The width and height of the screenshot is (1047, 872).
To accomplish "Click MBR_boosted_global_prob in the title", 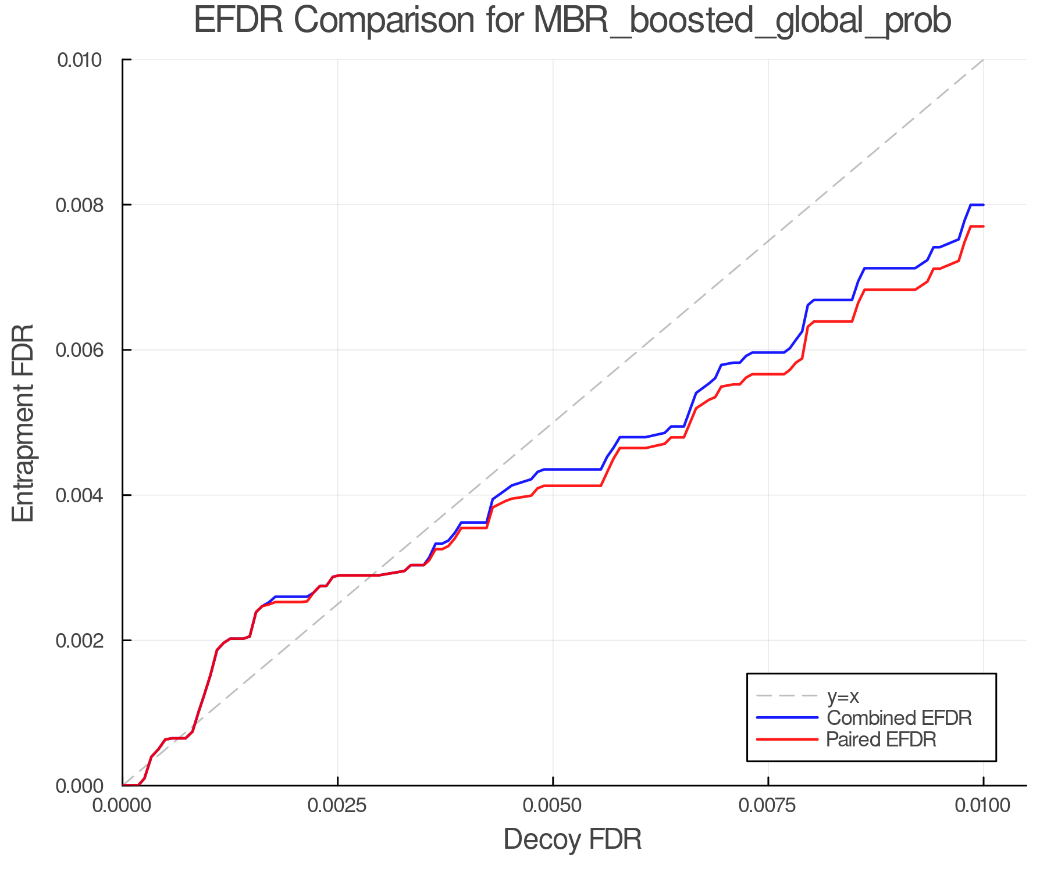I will pos(742,22).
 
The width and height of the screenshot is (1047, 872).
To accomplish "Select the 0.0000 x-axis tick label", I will pos(122,806).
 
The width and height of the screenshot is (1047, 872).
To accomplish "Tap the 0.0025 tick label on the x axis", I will pos(337,806).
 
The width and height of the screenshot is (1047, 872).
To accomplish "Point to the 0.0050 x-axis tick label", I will pos(553,806).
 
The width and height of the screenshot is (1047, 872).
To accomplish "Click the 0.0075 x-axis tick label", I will pos(768,806).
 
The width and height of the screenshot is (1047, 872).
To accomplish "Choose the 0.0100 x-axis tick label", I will pos(983,806).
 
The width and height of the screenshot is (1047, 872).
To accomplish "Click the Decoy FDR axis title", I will pos(572,839).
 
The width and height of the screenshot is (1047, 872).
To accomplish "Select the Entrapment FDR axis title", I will pos(23,423).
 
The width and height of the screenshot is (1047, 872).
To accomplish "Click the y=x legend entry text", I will pos(843,696).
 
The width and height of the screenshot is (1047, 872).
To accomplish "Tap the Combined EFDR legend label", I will pos(899,718).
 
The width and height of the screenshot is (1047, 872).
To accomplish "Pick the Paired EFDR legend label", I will pos(881,739).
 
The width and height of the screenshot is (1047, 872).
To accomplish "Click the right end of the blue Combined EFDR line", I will pos(983,205).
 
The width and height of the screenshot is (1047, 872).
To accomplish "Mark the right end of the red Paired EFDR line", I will pos(983,226).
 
